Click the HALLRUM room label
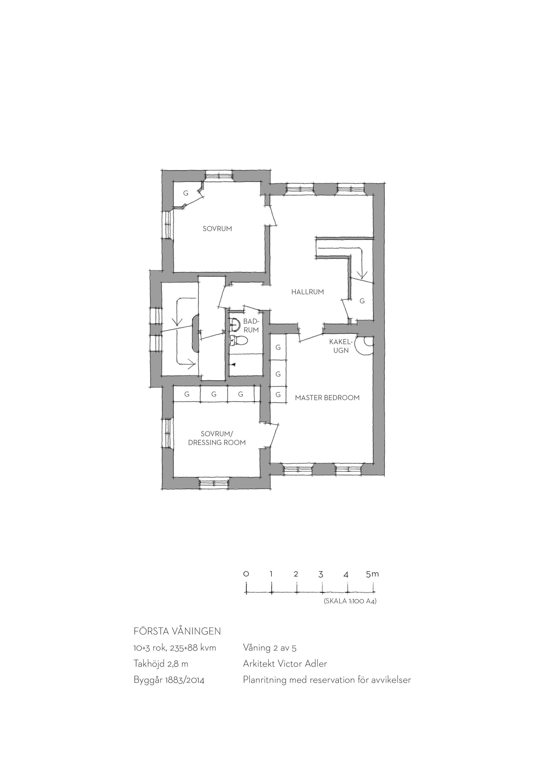tap(308, 292)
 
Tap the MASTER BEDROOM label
tap(327, 398)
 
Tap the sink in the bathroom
tap(235, 325)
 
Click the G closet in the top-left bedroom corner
tap(186, 193)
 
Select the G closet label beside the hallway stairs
tap(362, 301)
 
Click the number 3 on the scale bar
tap(321, 574)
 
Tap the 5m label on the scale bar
tap(372, 574)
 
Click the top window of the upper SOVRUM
tap(219, 175)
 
